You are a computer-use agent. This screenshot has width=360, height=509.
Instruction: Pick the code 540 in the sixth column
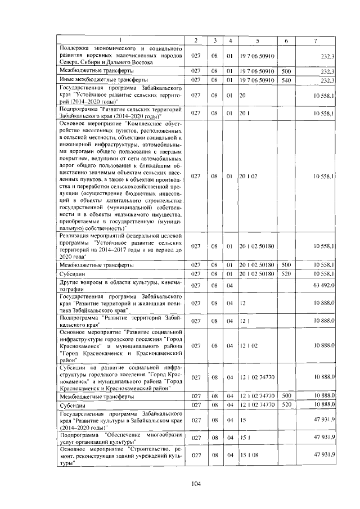coord(286,80)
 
